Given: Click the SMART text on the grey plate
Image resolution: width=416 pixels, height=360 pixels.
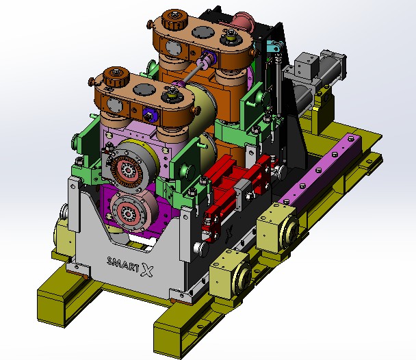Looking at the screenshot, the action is [122, 264].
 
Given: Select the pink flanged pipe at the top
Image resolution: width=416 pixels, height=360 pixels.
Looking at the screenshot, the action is [244, 21].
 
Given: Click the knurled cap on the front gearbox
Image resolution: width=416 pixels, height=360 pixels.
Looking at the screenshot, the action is [116, 76].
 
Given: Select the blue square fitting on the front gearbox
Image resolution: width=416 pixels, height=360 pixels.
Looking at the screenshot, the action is [149, 114].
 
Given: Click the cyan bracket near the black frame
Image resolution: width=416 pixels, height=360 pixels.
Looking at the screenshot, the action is [272, 46].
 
